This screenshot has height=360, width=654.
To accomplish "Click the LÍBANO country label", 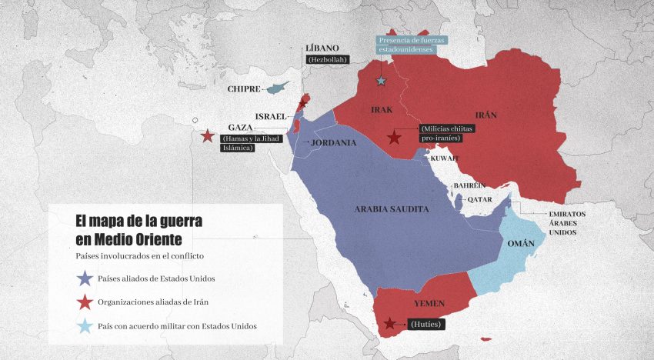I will click(322, 48).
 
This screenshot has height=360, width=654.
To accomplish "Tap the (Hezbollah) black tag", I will click(328, 59).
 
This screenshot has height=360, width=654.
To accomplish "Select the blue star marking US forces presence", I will click(380, 81).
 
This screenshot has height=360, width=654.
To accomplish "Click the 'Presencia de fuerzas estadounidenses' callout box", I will click(411, 45).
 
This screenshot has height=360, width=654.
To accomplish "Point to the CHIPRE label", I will click(244, 89).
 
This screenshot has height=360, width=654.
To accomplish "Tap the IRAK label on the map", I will click(382, 110).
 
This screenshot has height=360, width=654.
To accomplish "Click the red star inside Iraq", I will click(394, 138).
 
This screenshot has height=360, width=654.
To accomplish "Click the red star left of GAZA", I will click(207, 136).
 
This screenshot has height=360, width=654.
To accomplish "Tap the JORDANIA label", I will click(333, 142).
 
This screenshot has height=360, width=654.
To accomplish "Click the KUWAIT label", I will click(444, 158).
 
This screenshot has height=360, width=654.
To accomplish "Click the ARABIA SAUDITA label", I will click(392, 209).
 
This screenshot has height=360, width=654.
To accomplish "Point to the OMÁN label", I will click(522, 244).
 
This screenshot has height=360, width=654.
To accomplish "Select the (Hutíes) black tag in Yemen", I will click(425, 325).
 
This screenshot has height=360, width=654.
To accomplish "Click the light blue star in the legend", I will click(85, 326).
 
